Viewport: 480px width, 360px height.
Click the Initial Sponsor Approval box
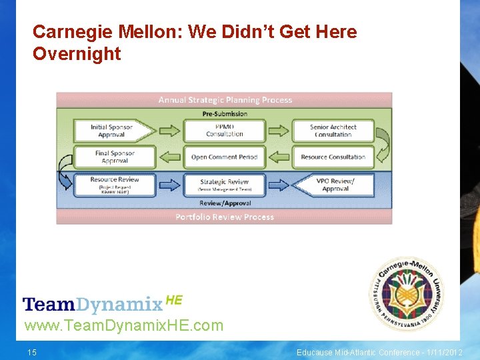pos(113,131)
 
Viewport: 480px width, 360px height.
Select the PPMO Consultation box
pos(224,131)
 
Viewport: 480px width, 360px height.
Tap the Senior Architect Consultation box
pos(333,131)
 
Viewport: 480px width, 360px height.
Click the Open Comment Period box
pos(224,157)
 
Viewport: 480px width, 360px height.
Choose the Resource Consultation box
pos(333,157)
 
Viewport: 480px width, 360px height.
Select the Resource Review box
pos(114,183)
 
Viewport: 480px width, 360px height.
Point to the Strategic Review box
pos(224,185)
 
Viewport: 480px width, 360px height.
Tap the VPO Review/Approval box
pos(333,185)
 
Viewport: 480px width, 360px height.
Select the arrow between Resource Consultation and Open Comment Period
pos(279,157)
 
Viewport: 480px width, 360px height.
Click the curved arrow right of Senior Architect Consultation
pos(382,143)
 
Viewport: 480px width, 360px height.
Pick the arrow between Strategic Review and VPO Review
pos(279,185)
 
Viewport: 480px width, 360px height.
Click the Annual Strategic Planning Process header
pos(225,100)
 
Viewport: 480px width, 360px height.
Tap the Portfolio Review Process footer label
pos(225,217)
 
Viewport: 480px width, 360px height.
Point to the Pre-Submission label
pos(225,113)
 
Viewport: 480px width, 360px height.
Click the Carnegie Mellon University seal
pos(407,293)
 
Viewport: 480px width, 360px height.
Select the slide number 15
pos(32,352)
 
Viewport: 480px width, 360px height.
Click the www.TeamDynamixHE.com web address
pos(124,325)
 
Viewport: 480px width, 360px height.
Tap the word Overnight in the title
pos(77,54)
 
